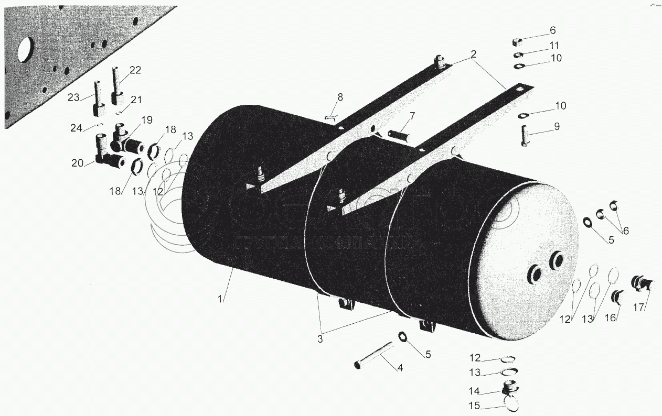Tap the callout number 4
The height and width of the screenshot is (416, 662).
pyautogui.click(x=400, y=368)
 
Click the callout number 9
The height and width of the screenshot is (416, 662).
pyautogui.click(x=557, y=126)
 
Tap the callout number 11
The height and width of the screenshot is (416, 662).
pyautogui.click(x=554, y=46)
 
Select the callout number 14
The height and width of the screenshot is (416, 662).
pyautogui.click(x=474, y=391)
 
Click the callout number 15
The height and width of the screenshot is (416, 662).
pyautogui.click(x=474, y=405)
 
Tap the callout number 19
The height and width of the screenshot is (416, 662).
pyautogui.click(x=146, y=120)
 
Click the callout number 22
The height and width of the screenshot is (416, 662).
pyautogui.click(x=135, y=71)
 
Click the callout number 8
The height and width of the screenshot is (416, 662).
pyautogui.click(x=340, y=97)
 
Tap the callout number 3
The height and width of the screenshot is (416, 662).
pyautogui.click(x=319, y=338)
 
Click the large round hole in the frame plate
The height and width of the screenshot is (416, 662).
pyautogui.click(x=25, y=50)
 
